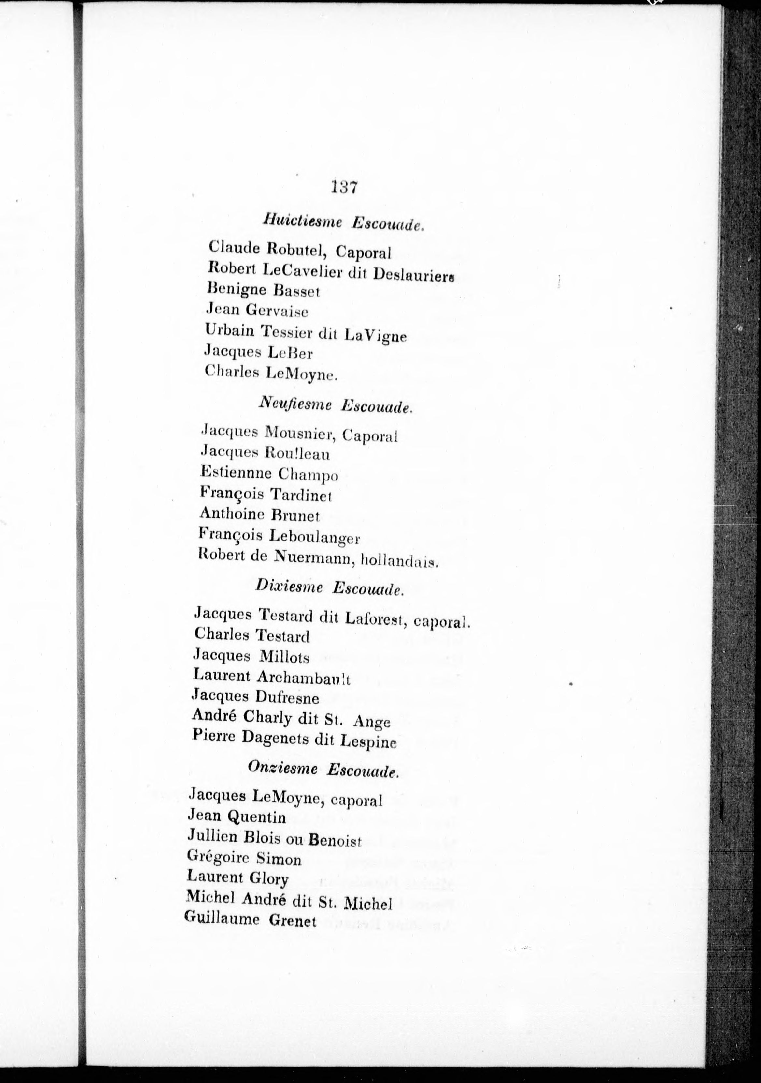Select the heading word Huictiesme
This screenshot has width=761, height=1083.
click(303, 221)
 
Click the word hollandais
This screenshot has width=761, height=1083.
click(399, 561)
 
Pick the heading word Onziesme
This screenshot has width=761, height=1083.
click(283, 768)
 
